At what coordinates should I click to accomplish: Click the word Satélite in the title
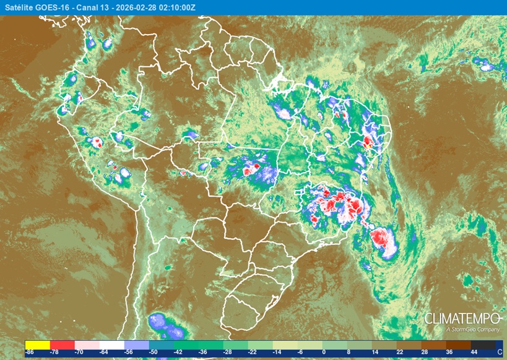pos(19,7)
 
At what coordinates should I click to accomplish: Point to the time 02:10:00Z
pos(176,7)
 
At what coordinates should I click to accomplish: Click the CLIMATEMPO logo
pos(462,319)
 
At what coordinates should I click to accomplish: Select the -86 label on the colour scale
pos(30,351)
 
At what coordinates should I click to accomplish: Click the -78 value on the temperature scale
pos(54,351)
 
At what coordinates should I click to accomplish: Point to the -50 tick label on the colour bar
pos(154,351)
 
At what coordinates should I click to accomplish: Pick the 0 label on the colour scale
pos(323,351)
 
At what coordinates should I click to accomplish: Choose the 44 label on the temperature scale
pos(474,351)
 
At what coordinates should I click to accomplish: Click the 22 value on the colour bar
pos(399,351)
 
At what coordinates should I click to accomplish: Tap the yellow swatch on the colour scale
pos(37,344)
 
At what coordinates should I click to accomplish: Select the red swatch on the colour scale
pos(62,344)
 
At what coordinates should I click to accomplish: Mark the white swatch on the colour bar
pos(111,344)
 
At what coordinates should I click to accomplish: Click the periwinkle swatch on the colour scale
pos(136,344)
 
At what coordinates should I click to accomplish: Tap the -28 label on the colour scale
pos(227,351)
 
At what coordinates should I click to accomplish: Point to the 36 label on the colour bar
pos(449,351)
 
